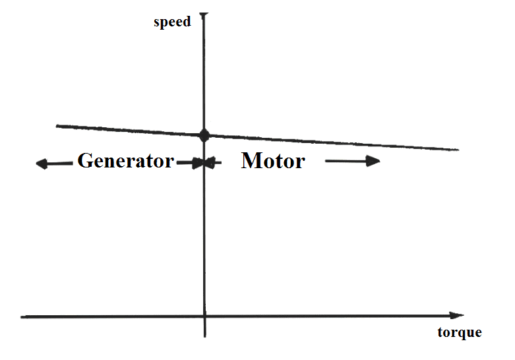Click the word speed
click(172, 22)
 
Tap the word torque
click(460, 333)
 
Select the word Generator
click(125, 161)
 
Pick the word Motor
click(273, 161)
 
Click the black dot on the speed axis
click(204, 135)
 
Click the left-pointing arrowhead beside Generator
click(42, 164)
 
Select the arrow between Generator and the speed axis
click(190, 163)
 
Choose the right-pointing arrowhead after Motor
click(373, 161)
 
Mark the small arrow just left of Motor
click(213, 162)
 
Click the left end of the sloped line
click(57, 126)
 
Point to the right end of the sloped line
click(458, 150)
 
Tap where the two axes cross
click(204, 316)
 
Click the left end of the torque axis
click(21, 317)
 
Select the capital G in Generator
click(86, 160)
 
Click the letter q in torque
click(459, 334)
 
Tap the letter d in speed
click(187, 22)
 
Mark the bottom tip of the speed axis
click(204, 336)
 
